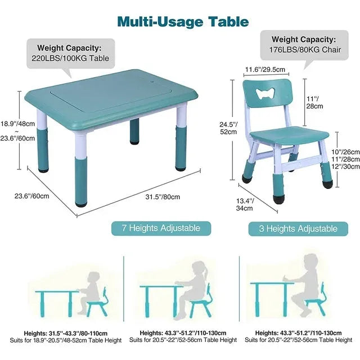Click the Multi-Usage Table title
click(x=183, y=22)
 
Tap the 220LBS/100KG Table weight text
click(x=70, y=58)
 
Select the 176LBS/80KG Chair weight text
click(x=305, y=49)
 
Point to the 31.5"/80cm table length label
click(x=163, y=197)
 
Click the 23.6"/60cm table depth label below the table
click(x=31, y=196)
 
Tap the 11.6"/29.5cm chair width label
click(x=265, y=69)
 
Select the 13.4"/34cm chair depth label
click(x=245, y=204)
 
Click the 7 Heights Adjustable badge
click(x=161, y=228)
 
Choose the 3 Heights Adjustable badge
click(x=298, y=229)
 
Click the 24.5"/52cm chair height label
click(x=228, y=128)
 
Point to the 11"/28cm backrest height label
click(x=314, y=102)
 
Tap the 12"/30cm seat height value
click(x=345, y=166)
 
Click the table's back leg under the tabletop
click(x=134, y=131)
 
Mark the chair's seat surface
click(x=289, y=135)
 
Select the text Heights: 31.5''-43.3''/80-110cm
click(x=66, y=333)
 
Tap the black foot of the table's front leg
click(x=81, y=204)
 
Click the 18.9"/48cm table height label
click(x=17, y=124)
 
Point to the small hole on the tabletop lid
click(x=152, y=81)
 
